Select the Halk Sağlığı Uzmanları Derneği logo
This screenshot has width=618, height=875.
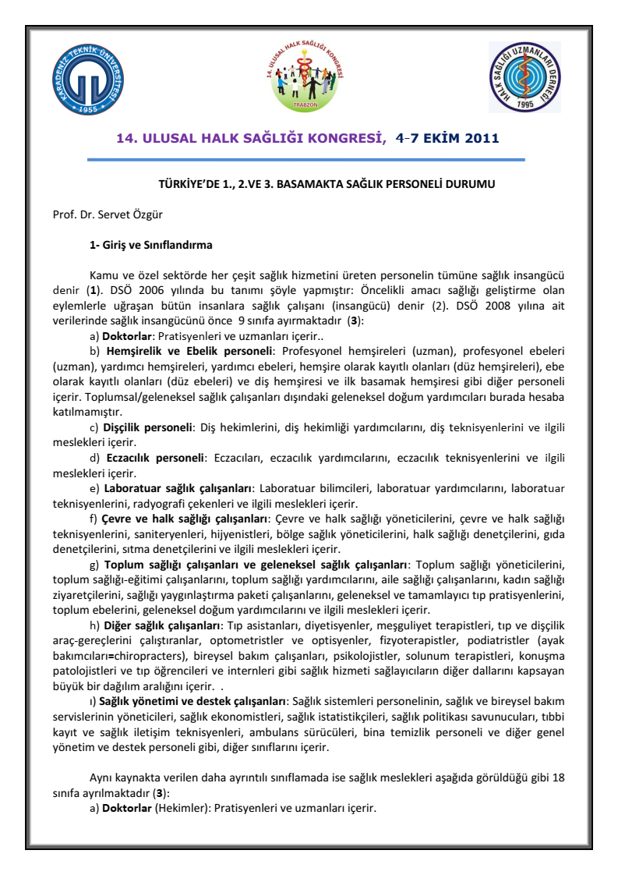(524, 76)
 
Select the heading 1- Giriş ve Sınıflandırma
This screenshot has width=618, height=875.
(151, 245)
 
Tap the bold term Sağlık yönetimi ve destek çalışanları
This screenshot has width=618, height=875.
(195, 702)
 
